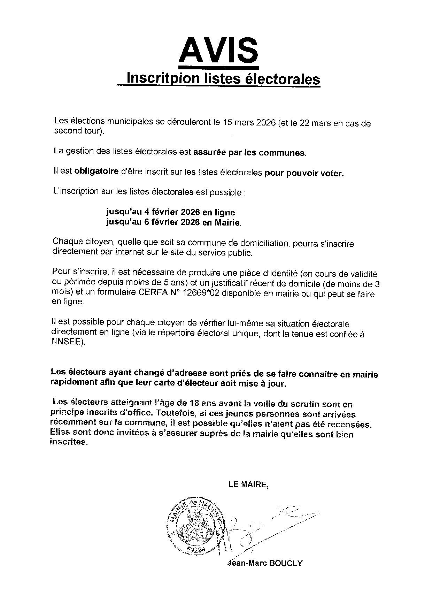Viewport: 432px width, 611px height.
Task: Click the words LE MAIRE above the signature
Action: point(248,484)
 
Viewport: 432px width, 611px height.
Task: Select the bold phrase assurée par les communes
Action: point(249,152)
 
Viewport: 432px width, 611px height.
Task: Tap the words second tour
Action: point(76,131)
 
